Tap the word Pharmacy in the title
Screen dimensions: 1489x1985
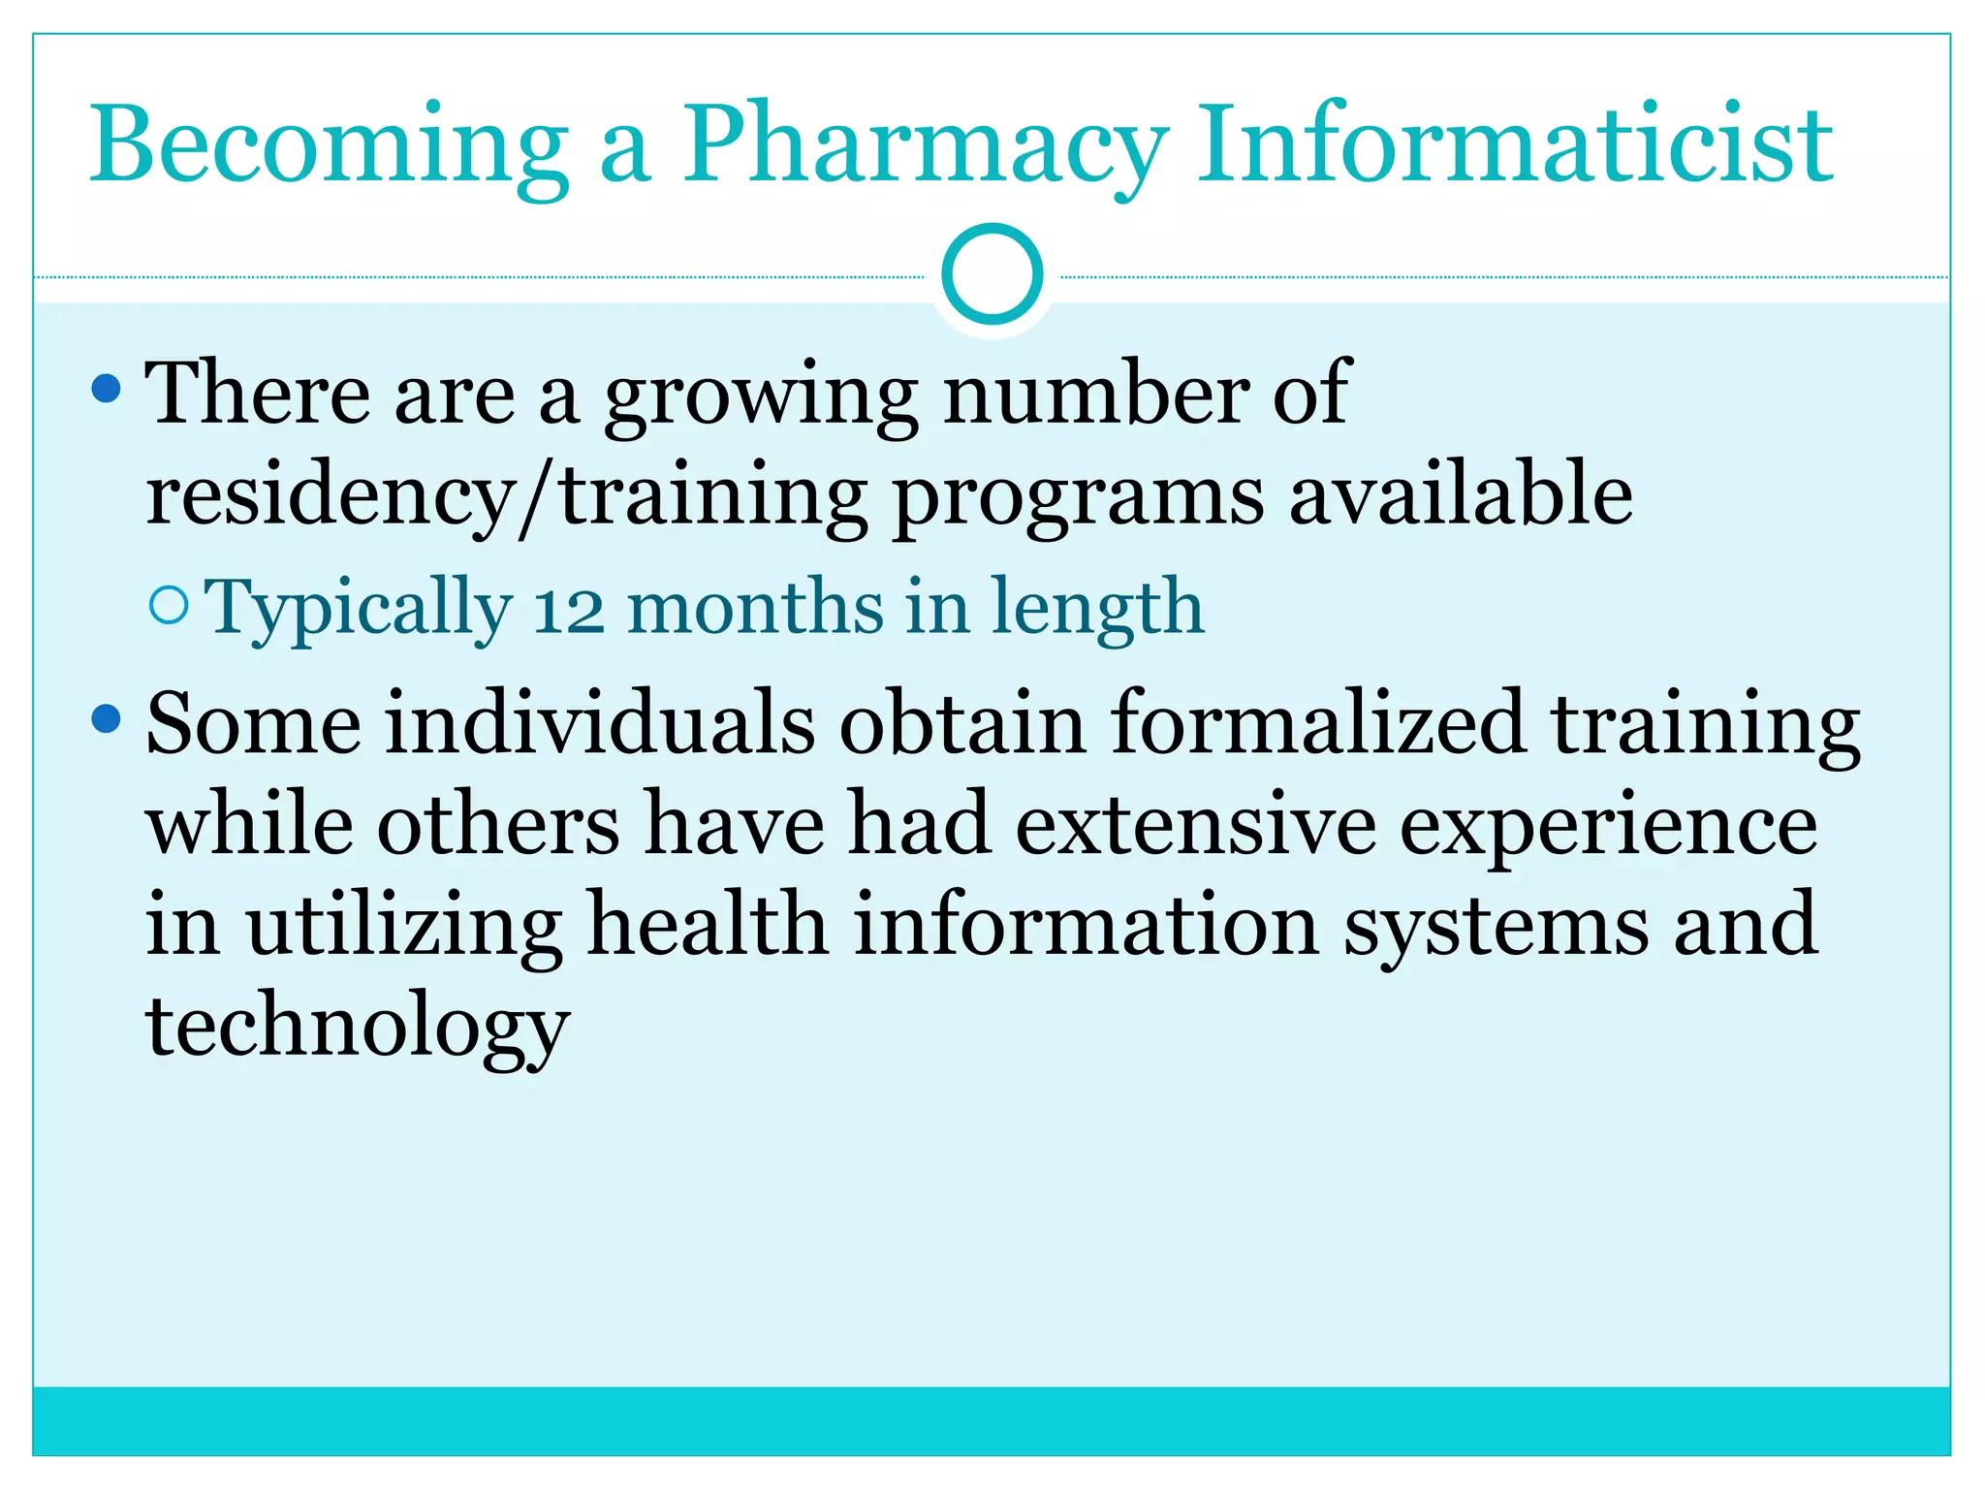tap(925, 145)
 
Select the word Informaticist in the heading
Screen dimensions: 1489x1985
tap(1515, 145)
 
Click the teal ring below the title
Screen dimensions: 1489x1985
tap(992, 274)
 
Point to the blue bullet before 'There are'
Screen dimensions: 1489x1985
tap(106, 390)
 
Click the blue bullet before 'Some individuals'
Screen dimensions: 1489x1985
tap(106, 719)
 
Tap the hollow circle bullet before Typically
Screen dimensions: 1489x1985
tap(170, 606)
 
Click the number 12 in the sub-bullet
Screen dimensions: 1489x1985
tap(569, 609)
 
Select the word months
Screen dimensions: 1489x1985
tap(755, 608)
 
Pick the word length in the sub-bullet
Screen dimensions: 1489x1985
tap(1096, 608)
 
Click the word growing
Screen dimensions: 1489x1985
tap(760, 396)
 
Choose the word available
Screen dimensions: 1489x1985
tap(1461, 494)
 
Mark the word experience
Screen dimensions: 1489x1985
tap(1608, 826)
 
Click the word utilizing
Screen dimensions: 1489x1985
tap(404, 926)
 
